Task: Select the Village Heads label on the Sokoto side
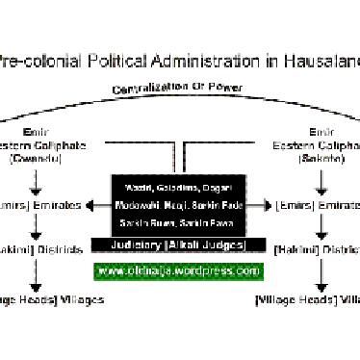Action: click(x=287, y=300)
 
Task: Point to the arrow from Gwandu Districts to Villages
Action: click(x=37, y=274)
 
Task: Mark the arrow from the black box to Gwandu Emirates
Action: click(x=98, y=204)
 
